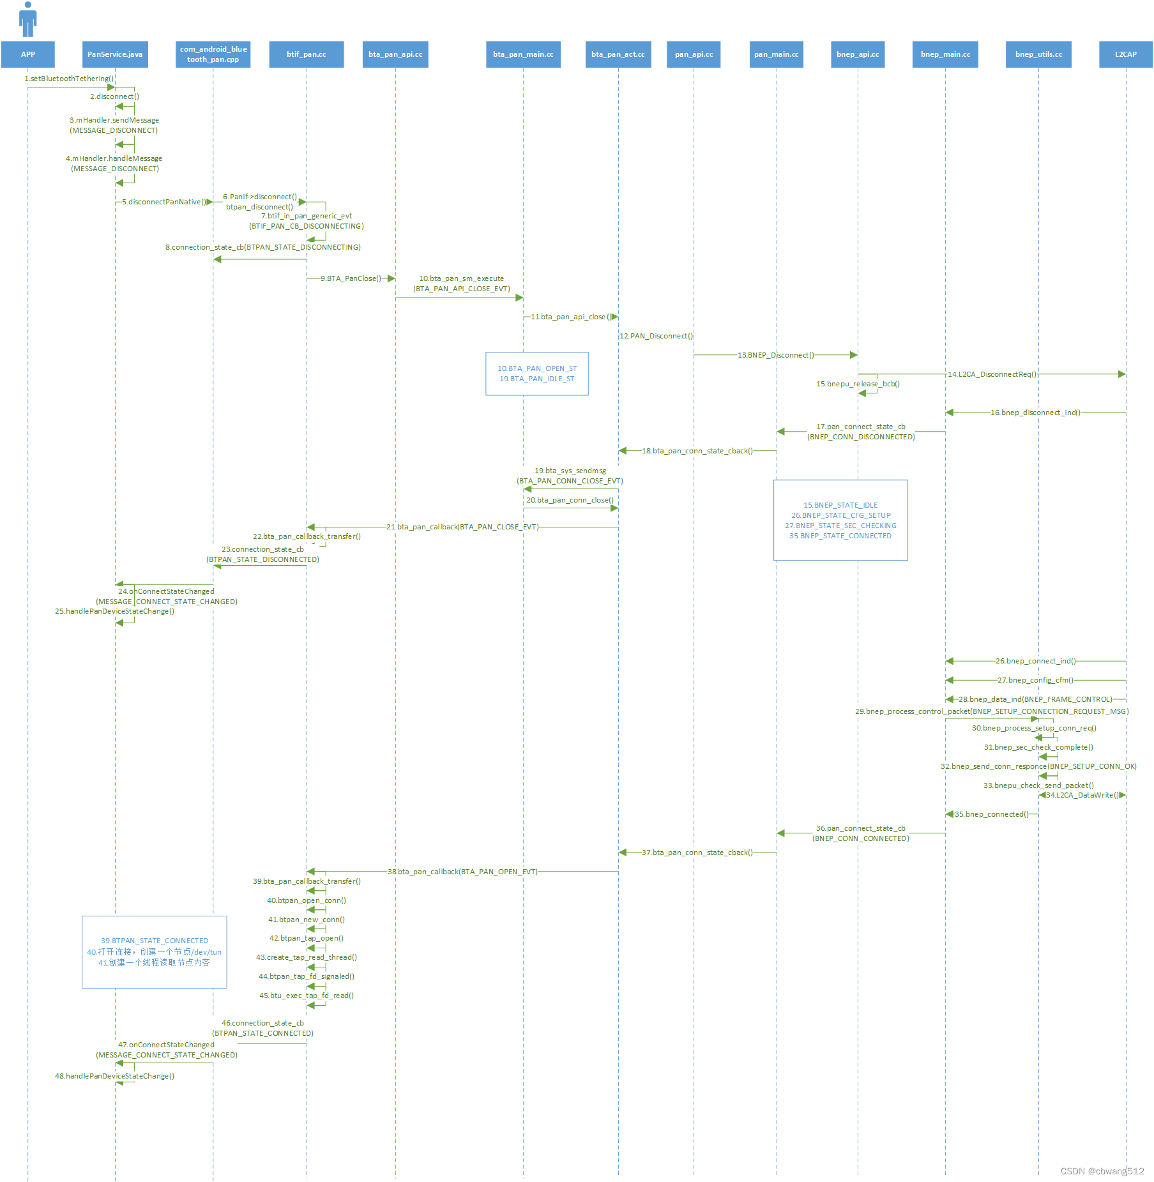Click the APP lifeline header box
pyautogui.click(x=28, y=54)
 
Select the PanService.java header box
pyautogui.click(x=115, y=54)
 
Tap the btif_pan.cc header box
pyautogui.click(x=307, y=54)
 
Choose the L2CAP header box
pyautogui.click(x=1125, y=54)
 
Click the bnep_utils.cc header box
pyautogui.click(x=1038, y=54)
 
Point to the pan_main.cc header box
pyautogui.click(x=776, y=54)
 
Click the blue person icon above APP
pyautogui.click(x=28, y=19)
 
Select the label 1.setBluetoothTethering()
pyautogui.click(x=69, y=79)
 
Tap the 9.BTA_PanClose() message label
pyautogui.click(x=351, y=278)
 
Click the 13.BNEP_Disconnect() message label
pyautogui.click(x=775, y=355)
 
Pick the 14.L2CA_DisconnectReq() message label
pyautogui.click(x=992, y=374)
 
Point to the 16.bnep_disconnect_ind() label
pyautogui.click(x=1035, y=413)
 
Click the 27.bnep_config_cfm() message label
pyautogui.click(x=1035, y=680)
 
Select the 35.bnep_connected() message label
pyautogui.click(x=991, y=814)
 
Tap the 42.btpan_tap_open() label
pyautogui.click(x=307, y=938)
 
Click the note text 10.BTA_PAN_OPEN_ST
pyautogui.click(x=537, y=368)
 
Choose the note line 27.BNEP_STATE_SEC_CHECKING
pyautogui.click(x=840, y=526)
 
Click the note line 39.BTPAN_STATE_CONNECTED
pyautogui.click(x=155, y=941)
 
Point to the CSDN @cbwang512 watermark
pyautogui.click(x=1102, y=1171)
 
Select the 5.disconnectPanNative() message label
pyautogui.click(x=164, y=202)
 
